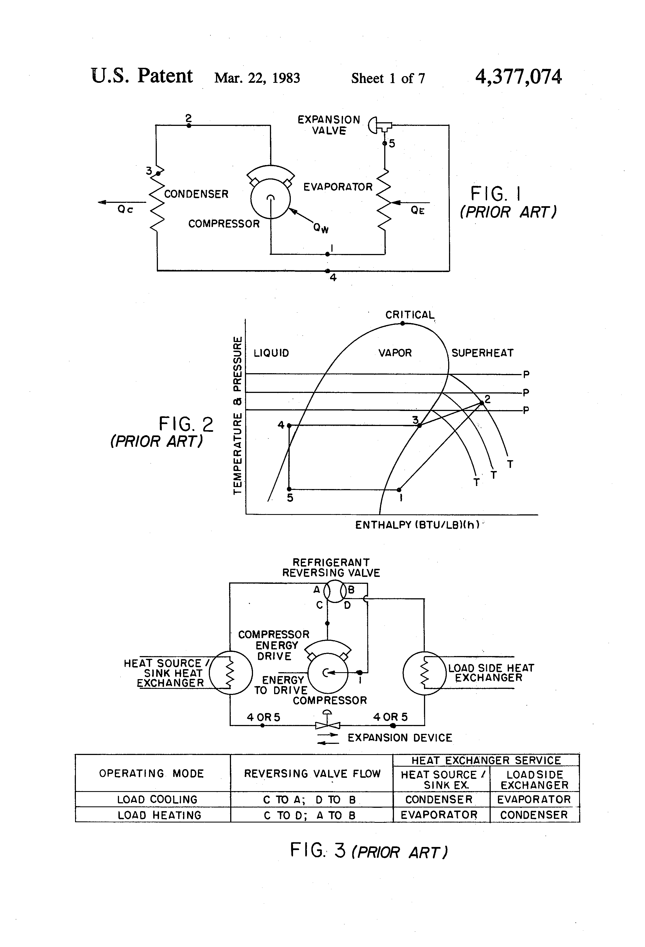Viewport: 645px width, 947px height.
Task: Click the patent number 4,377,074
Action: [518, 77]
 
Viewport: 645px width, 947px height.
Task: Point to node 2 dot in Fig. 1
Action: [188, 126]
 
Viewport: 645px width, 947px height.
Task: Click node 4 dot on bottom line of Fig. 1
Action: [328, 271]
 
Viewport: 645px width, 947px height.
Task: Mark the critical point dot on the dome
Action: [402, 323]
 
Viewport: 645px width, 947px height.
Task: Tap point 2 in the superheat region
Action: [482, 403]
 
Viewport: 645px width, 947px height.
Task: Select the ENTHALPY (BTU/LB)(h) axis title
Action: [417, 525]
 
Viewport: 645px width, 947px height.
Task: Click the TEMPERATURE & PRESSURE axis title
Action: [237, 415]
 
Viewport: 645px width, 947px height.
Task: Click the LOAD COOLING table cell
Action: [157, 799]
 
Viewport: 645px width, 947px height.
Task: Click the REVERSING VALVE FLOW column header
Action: [312, 773]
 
